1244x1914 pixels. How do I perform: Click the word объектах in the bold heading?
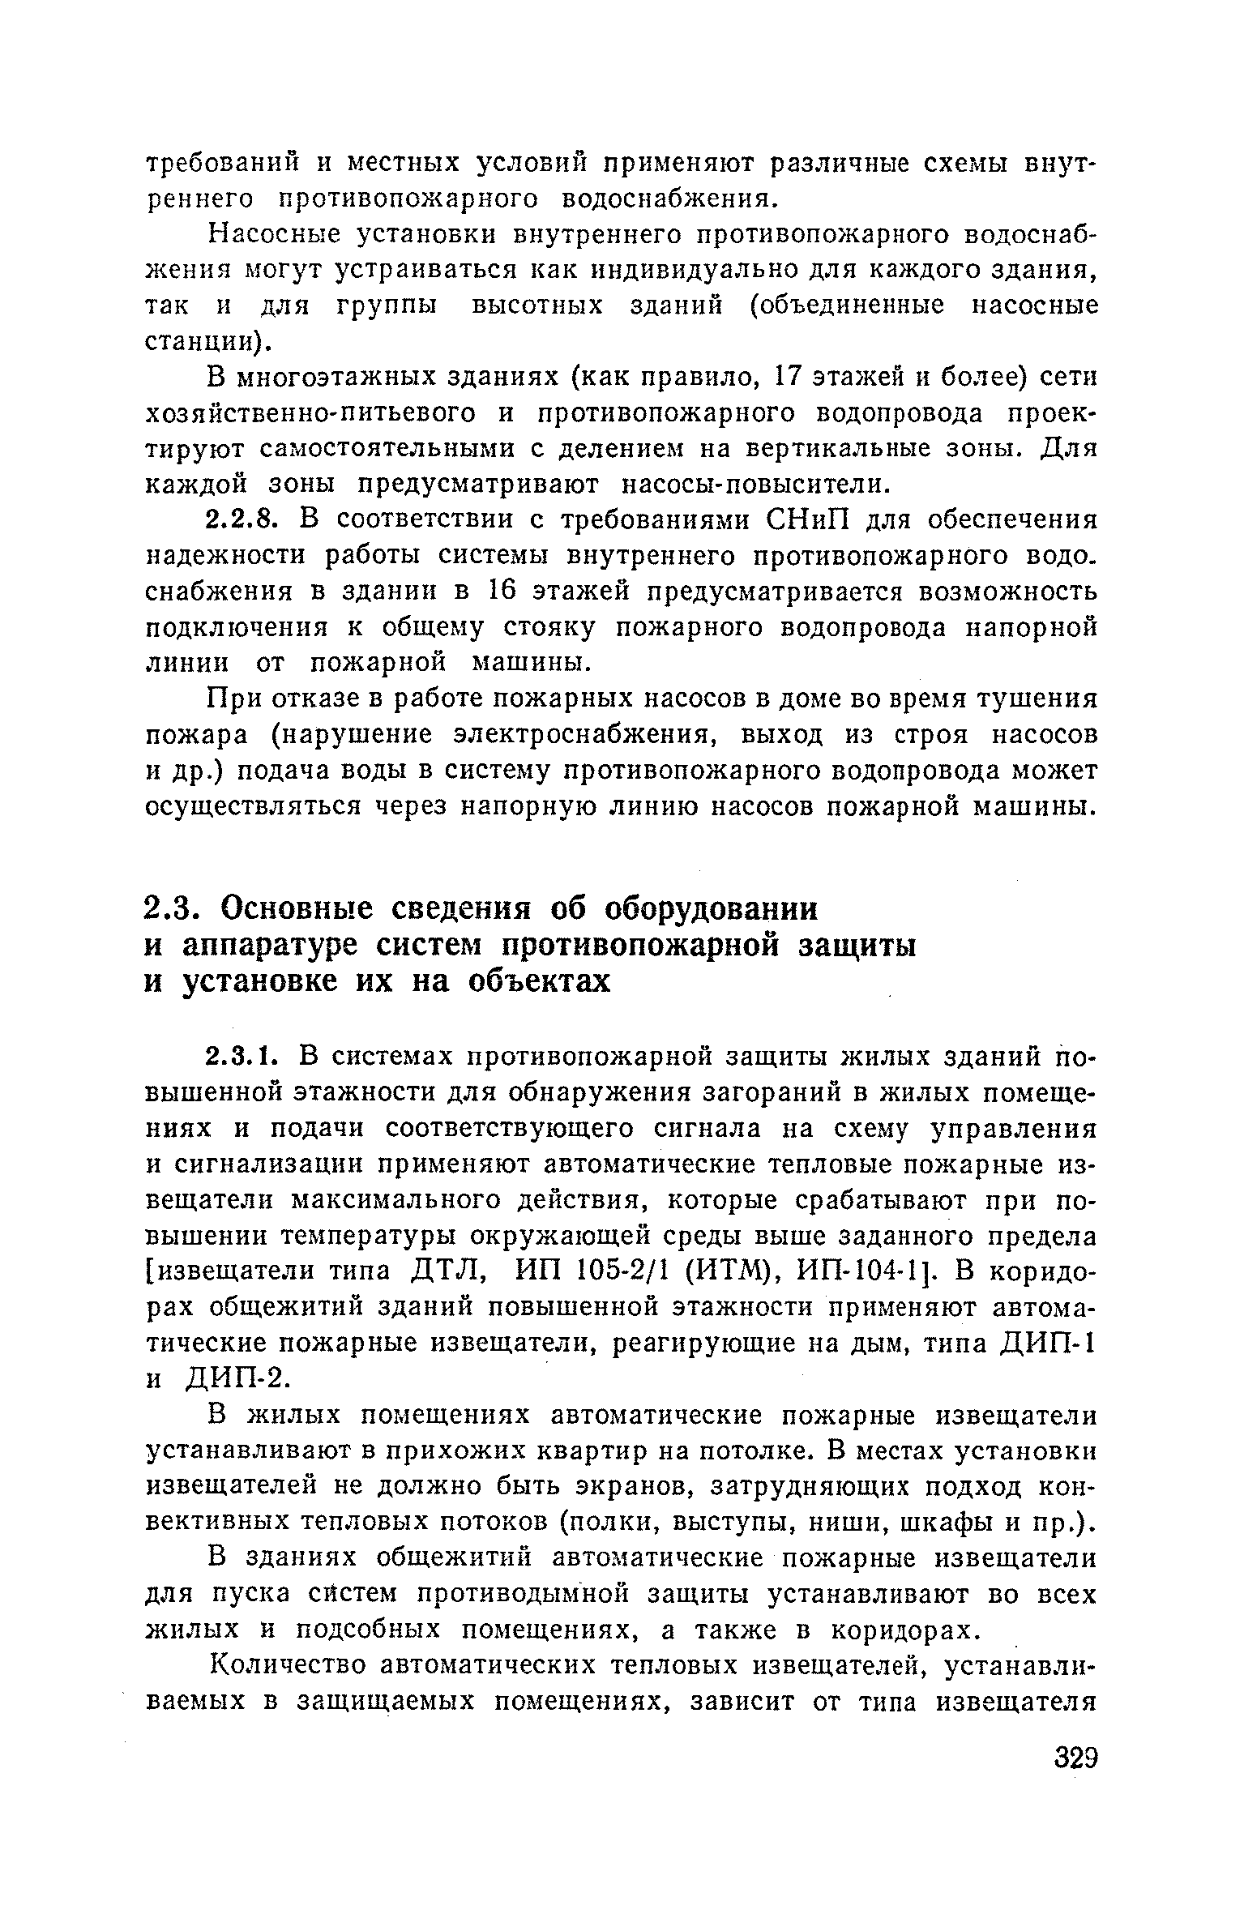(538, 981)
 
